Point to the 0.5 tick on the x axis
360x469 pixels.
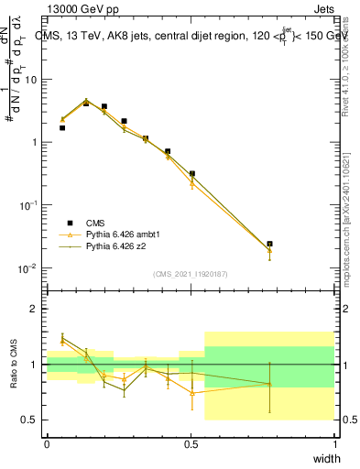(x=191, y=442)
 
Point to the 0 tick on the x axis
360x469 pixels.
(x=47, y=442)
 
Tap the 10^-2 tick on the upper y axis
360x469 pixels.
(x=31, y=268)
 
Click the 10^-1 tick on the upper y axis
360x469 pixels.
(x=31, y=205)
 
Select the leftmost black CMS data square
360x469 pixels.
(x=61, y=127)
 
